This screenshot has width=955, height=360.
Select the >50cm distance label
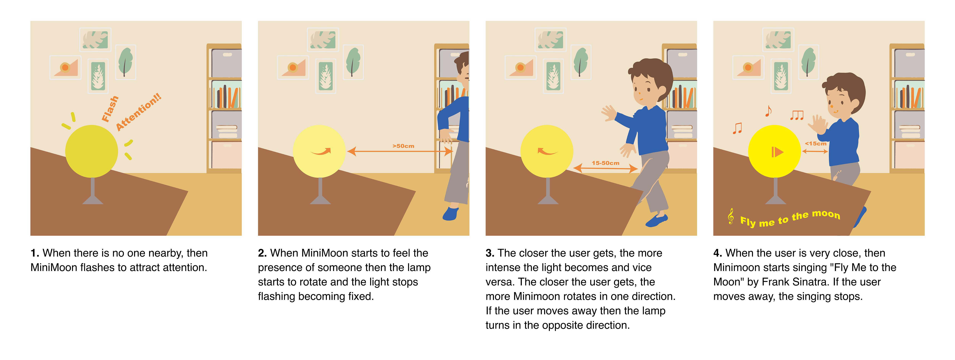click(403, 146)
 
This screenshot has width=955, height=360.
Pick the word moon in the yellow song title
click(826, 214)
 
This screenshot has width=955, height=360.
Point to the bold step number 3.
click(490, 253)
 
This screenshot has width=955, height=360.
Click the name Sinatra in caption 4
click(810, 282)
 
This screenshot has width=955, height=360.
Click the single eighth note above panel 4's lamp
click(769, 111)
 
